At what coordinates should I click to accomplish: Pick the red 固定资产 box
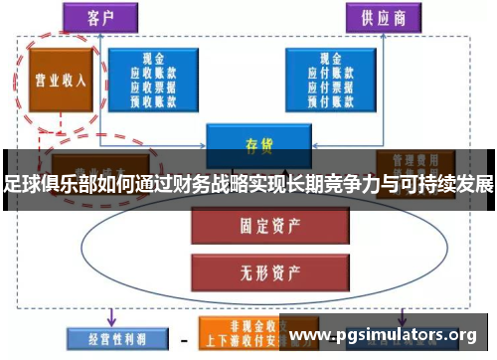click(253, 226)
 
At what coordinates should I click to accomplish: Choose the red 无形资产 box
click(253, 267)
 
